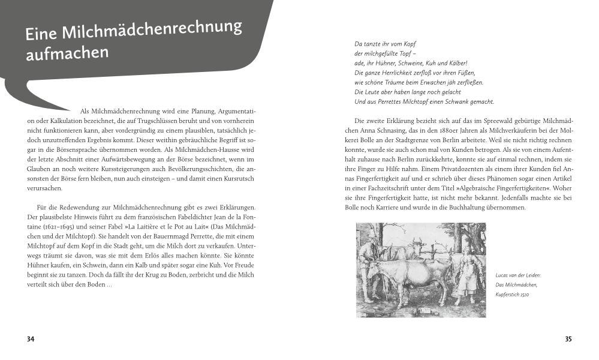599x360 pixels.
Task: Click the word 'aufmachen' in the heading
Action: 67,53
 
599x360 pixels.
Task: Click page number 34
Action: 31,339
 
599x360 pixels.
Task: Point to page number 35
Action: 568,339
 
